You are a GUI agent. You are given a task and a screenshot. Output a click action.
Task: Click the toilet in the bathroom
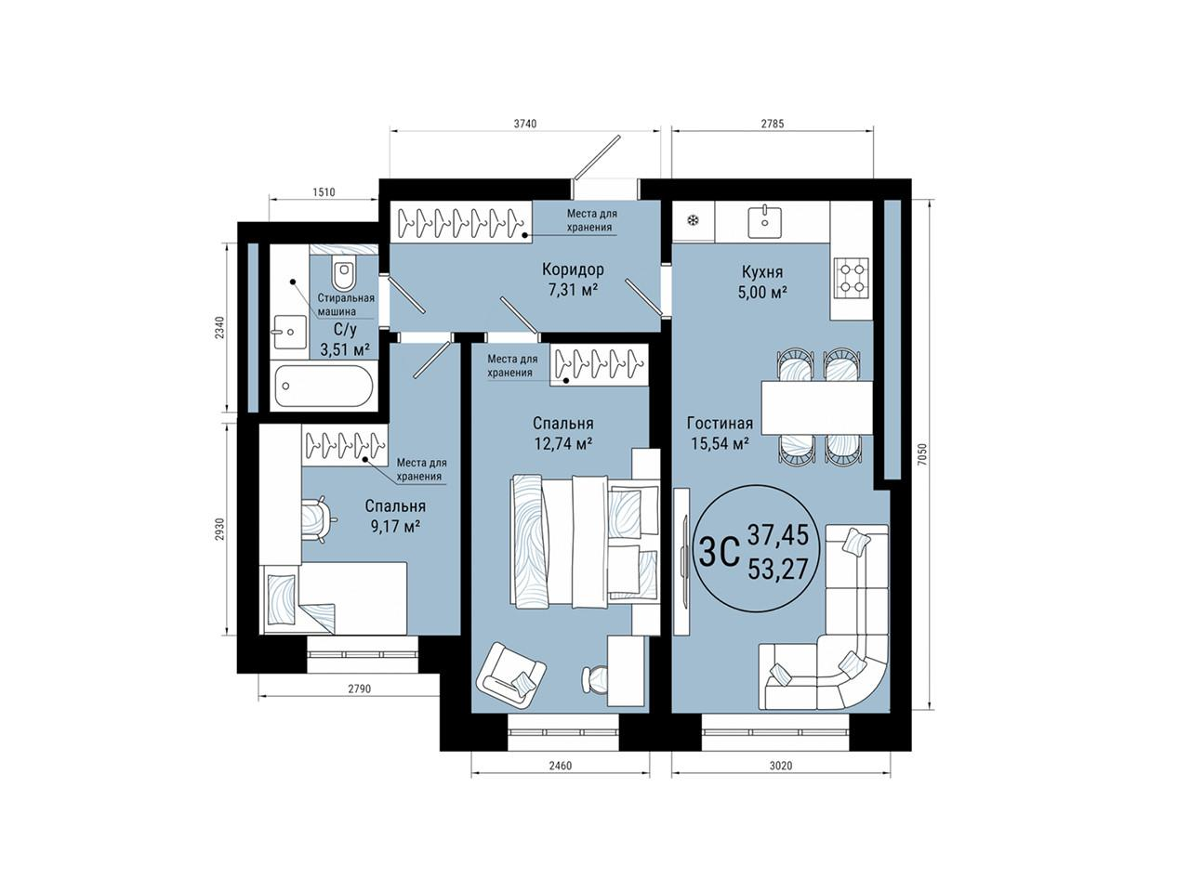tap(343, 275)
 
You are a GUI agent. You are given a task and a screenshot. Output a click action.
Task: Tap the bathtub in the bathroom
tap(324, 386)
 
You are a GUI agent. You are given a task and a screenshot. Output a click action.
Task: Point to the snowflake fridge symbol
tap(693, 220)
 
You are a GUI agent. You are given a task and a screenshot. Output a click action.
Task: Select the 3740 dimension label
tap(524, 124)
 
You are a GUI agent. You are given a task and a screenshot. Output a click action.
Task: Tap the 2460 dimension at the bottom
tap(560, 766)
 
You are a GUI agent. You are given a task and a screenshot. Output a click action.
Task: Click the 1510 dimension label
tap(324, 191)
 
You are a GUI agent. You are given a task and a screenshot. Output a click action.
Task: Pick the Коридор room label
tap(573, 269)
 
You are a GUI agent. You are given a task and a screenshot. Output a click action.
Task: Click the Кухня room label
tap(762, 272)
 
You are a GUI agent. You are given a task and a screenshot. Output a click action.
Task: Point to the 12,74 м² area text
tap(562, 444)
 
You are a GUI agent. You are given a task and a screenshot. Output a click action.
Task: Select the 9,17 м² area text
tap(396, 527)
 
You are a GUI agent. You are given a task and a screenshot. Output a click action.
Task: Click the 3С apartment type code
tap(720, 552)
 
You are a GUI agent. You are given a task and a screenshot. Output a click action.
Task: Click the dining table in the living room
tap(817, 408)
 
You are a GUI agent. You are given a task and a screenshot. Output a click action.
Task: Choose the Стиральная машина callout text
tap(345, 305)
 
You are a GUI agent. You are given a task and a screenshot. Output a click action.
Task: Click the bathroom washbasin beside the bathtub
tap(289, 333)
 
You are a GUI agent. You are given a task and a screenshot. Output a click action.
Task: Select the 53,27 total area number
tap(778, 570)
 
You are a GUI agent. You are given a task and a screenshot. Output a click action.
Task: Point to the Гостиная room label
tap(720, 423)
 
